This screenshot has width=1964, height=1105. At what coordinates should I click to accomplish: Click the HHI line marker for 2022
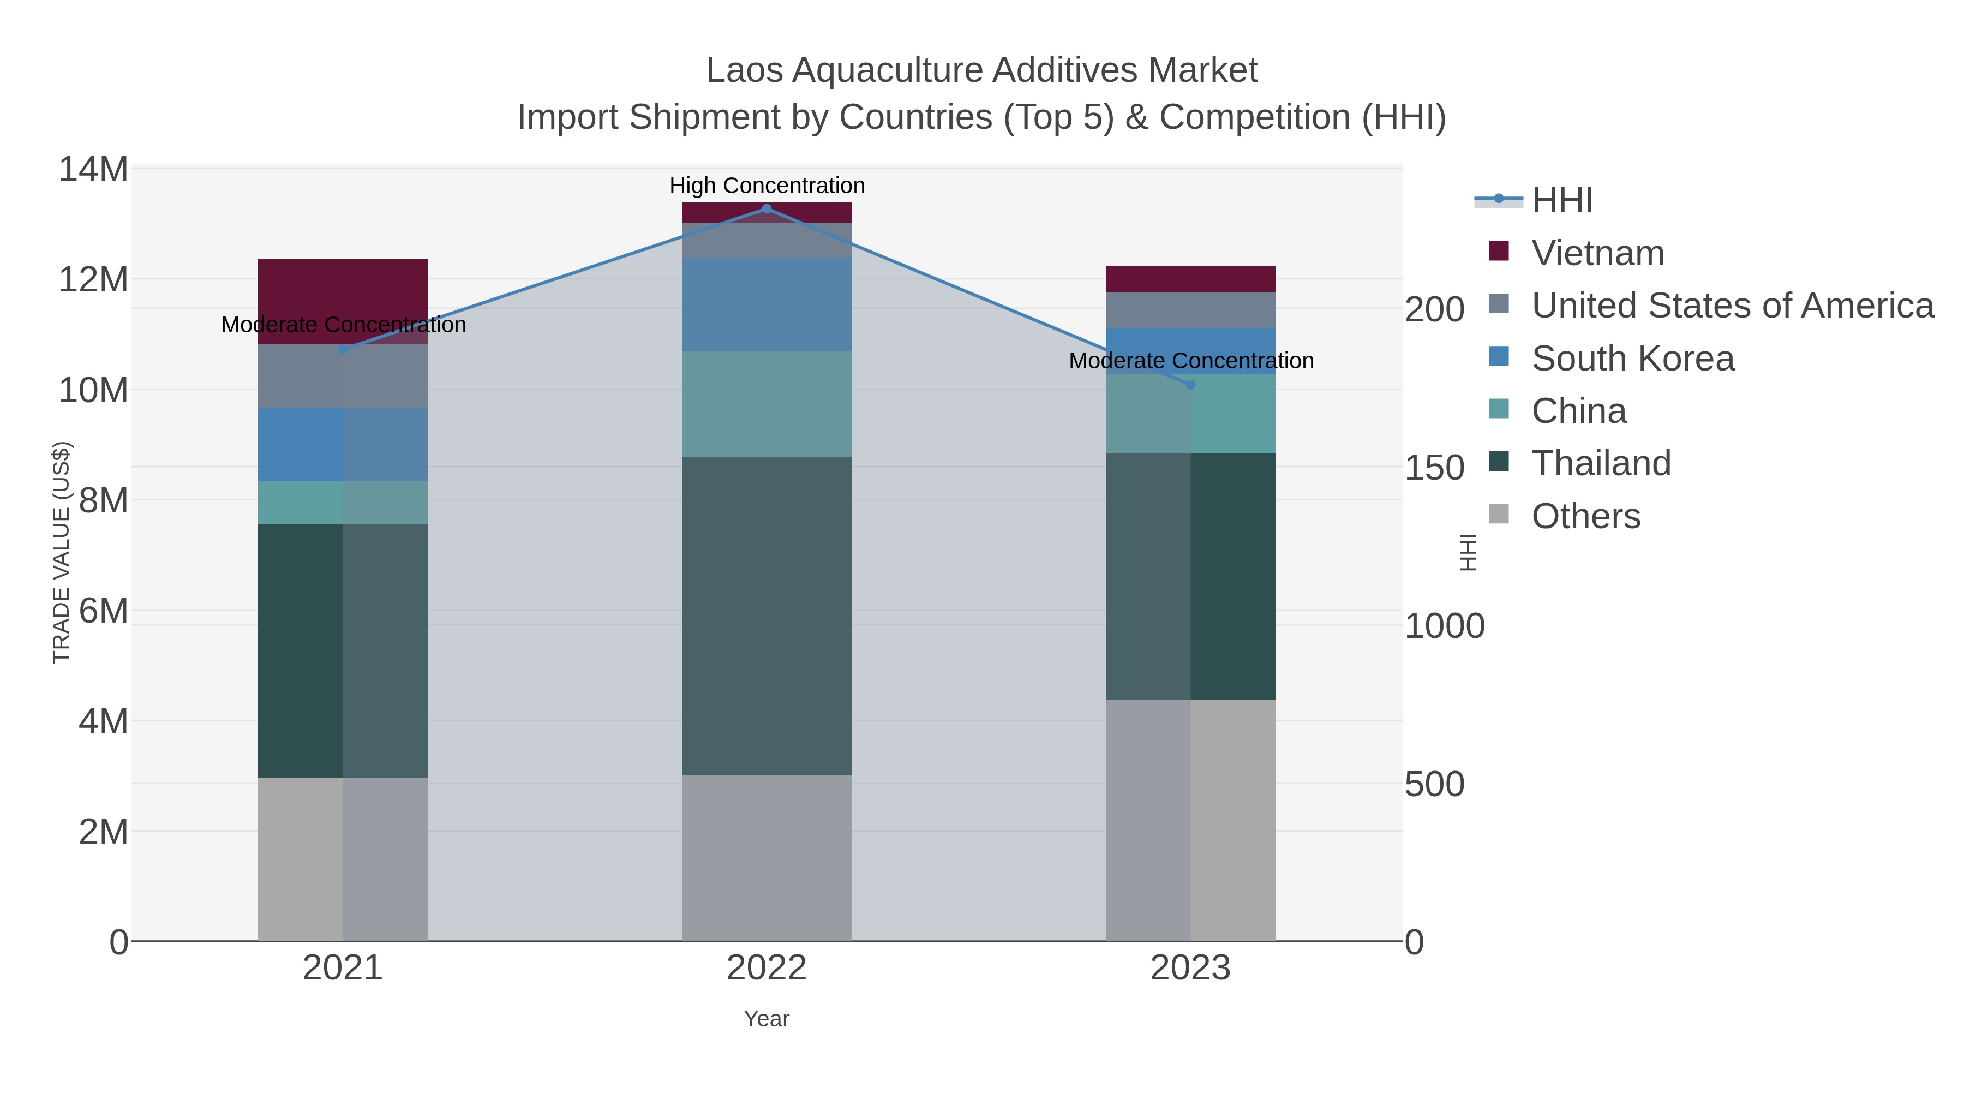[x=767, y=209]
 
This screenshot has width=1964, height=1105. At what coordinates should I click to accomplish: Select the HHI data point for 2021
[x=343, y=349]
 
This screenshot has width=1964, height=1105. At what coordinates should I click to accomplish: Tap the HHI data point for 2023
[x=1190, y=384]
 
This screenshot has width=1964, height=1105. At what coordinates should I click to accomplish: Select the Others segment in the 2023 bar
[x=1190, y=820]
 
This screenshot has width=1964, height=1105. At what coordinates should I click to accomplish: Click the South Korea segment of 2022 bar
[x=767, y=304]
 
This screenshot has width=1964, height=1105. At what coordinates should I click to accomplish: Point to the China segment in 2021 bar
[x=343, y=503]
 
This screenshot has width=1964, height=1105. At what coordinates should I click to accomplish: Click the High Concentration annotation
[x=767, y=186]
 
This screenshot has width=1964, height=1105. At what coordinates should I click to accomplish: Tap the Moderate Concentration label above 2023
[x=1191, y=361]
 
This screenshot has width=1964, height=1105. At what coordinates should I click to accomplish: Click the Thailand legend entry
[x=1601, y=464]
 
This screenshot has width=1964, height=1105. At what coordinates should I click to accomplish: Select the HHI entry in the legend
[x=1561, y=201]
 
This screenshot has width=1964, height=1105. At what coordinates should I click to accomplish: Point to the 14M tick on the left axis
[x=93, y=169]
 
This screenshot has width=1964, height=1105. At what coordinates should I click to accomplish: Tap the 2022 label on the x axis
[x=767, y=969]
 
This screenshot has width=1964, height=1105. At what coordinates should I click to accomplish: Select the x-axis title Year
[x=767, y=1019]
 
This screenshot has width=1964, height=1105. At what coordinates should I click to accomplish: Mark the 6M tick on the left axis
[x=103, y=611]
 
